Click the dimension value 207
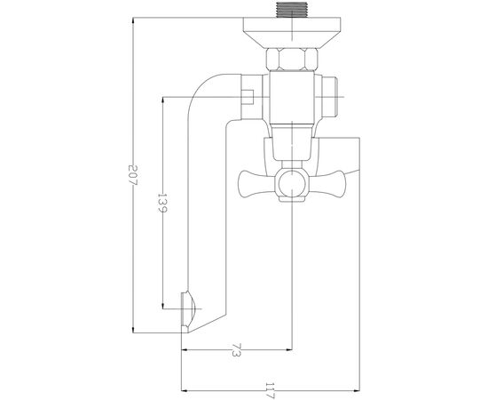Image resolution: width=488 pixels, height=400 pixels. (x=133, y=175)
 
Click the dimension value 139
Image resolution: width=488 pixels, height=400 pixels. (x=162, y=203)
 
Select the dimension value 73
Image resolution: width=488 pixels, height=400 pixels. (x=236, y=350)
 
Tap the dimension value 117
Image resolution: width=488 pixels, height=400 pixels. (x=270, y=390)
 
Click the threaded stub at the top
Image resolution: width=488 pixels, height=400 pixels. (x=292, y=10)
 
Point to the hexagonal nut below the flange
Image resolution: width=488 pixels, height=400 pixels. (x=292, y=59)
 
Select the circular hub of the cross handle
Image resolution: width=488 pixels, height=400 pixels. (x=292, y=184)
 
